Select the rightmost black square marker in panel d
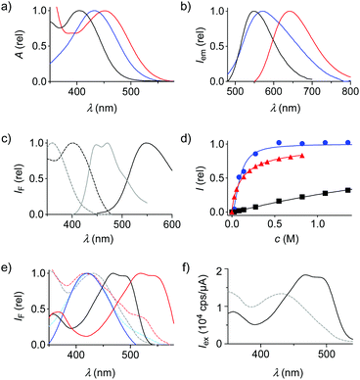click(348, 190)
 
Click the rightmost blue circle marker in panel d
click(347, 144)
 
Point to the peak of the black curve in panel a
click(78, 13)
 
